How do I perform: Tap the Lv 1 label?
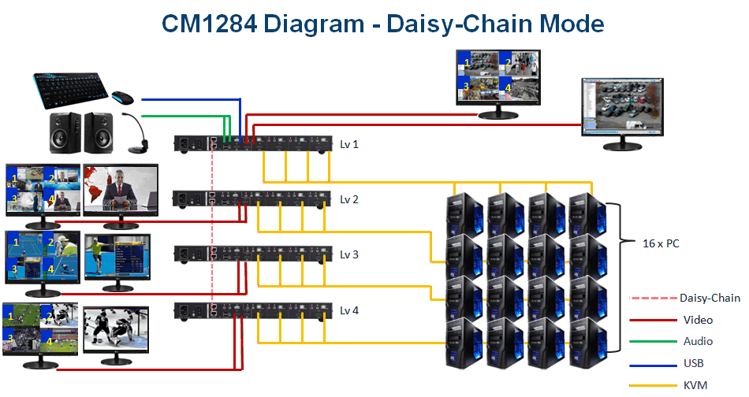click(349, 144)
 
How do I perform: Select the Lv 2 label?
click(349, 199)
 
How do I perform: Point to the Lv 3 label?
click(349, 254)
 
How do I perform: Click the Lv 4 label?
click(349, 310)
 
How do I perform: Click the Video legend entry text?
click(698, 320)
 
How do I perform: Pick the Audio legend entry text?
click(698, 341)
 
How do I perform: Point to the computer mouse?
click(121, 98)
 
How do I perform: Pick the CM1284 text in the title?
click(208, 24)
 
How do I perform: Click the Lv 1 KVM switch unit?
click(252, 143)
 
